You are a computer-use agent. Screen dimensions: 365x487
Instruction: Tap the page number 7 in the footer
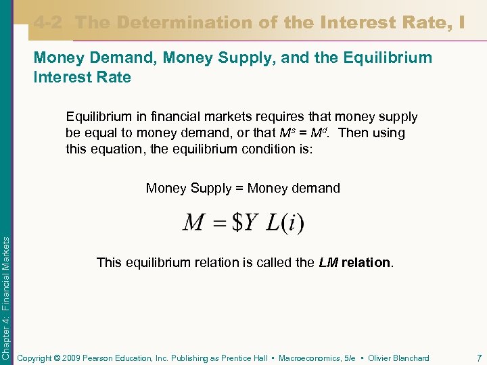pyautogui.click(x=479, y=358)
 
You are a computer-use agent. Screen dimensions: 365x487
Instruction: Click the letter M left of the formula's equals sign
pyautogui.click(x=194, y=222)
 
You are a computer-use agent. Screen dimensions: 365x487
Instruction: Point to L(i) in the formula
pyautogui.click(x=285, y=222)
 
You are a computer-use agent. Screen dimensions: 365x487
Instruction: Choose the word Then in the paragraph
pyautogui.click(x=353, y=132)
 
